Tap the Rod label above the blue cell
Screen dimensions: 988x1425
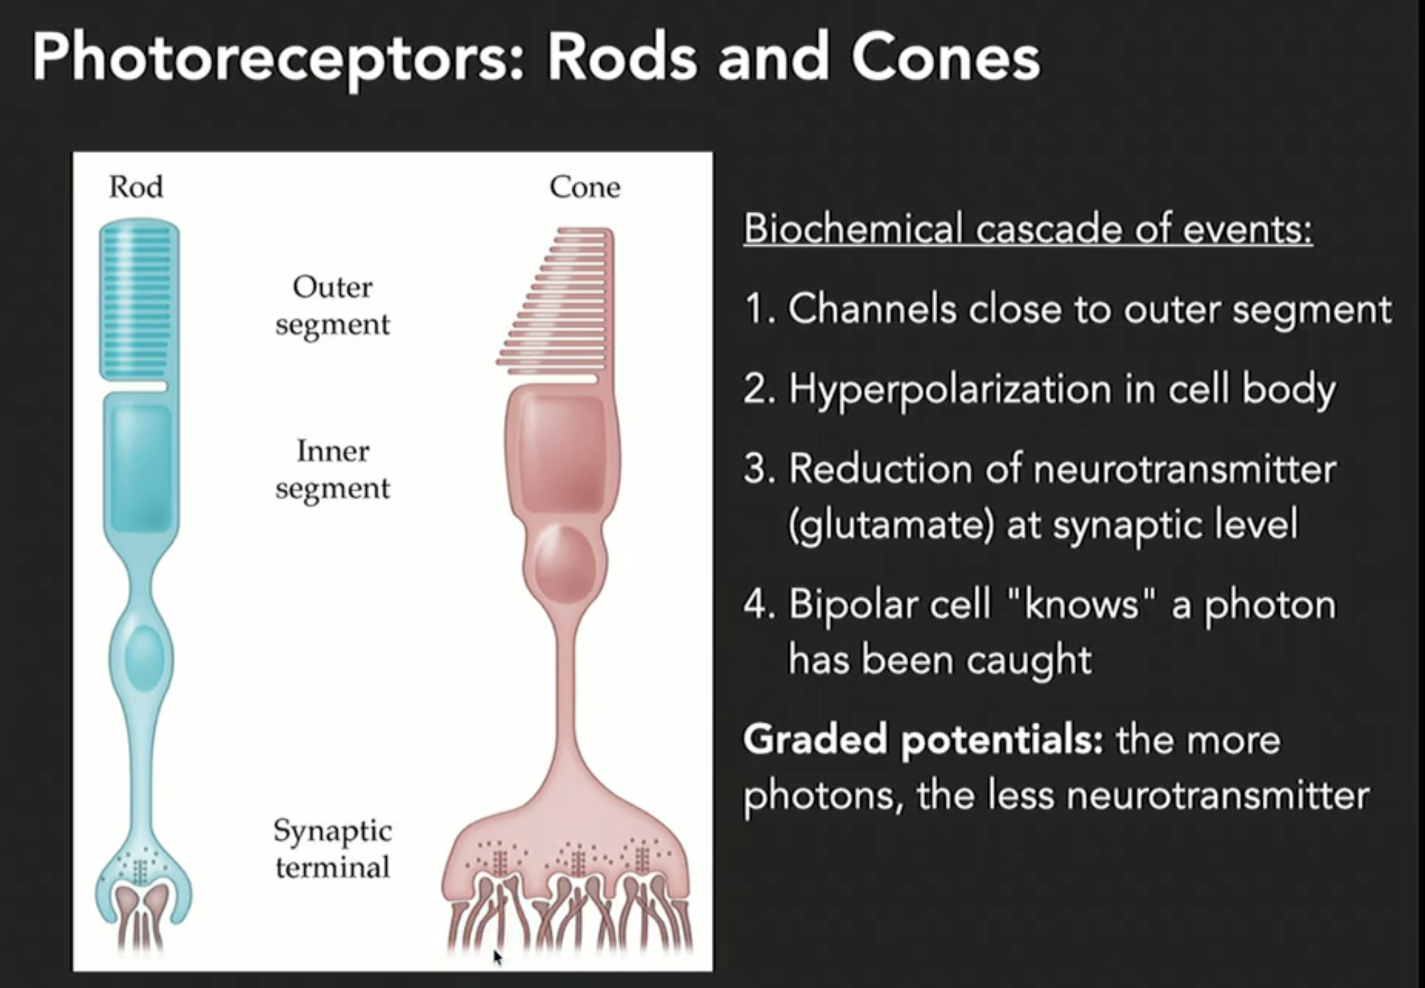click(x=136, y=187)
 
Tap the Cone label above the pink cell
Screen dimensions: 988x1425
click(x=585, y=187)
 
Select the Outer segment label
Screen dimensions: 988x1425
click(x=333, y=306)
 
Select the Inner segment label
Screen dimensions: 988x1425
click(x=333, y=469)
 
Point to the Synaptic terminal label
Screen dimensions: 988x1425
click(x=333, y=849)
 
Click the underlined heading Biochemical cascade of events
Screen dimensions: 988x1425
click(x=1028, y=229)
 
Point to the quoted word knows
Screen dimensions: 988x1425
click(x=1080, y=605)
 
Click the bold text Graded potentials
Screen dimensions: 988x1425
click(x=922, y=739)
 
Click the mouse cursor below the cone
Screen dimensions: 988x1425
click(x=497, y=957)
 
